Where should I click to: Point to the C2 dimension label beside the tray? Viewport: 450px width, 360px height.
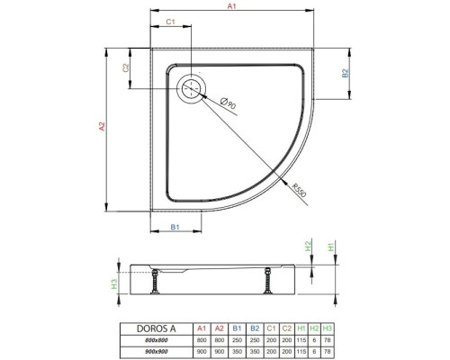click(127, 67)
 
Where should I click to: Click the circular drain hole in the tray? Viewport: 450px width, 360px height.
click(192, 88)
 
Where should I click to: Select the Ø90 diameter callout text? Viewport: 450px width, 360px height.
click(229, 106)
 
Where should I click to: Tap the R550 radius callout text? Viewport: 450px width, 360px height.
click(301, 192)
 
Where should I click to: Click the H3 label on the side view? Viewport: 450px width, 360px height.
click(113, 283)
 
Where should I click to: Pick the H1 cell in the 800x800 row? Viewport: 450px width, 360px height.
click(301, 339)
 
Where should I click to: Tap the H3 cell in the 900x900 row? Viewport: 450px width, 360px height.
click(328, 352)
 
